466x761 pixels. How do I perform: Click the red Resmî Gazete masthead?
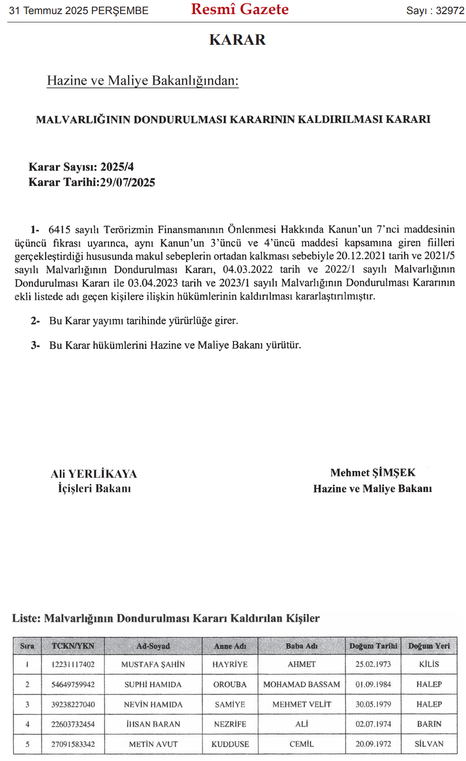[x=239, y=9]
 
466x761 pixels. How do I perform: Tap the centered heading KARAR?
[x=237, y=40]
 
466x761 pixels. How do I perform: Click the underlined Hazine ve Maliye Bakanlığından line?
[x=143, y=80]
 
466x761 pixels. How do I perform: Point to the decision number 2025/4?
[x=117, y=167]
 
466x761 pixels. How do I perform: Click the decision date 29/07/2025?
[x=127, y=182]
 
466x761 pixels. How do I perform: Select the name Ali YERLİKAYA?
[x=94, y=474]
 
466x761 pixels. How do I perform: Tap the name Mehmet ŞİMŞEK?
[x=373, y=472]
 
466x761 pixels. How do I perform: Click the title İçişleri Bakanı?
[x=94, y=489]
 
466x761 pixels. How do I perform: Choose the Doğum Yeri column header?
[x=429, y=646]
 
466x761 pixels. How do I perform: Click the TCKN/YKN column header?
[x=73, y=646]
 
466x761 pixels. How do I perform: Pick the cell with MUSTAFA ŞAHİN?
[x=153, y=664]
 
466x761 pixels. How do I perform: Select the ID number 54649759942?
[x=73, y=684]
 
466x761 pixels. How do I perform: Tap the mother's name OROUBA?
[x=230, y=684]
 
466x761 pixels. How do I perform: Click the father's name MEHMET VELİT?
[x=302, y=704]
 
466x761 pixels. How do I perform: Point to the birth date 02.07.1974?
[x=373, y=724]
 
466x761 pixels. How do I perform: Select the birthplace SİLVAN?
[x=429, y=744]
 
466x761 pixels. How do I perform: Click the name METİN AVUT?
[x=153, y=744]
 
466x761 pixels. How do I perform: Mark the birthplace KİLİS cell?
[x=429, y=664]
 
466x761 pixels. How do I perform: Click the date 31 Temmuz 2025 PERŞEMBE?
[x=79, y=11]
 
